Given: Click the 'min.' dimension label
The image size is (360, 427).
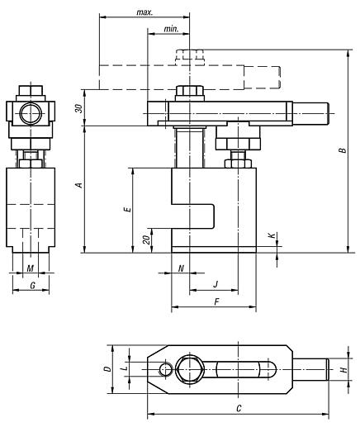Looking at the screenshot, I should pos(172,29).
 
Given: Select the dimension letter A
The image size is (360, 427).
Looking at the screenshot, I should pos(78,187).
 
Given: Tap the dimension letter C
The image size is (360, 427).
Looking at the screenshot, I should pos(238,408).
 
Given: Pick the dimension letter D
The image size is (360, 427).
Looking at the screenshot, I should pos(107,369).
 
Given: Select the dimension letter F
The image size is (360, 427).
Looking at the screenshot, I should pos(216,303).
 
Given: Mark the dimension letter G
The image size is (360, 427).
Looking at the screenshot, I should pos(31,285).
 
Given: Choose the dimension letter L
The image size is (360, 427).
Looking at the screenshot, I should pos(122,364).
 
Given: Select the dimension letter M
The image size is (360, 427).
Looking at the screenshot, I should pos(31,268).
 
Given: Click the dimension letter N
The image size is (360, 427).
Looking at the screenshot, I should pos(180,268).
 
